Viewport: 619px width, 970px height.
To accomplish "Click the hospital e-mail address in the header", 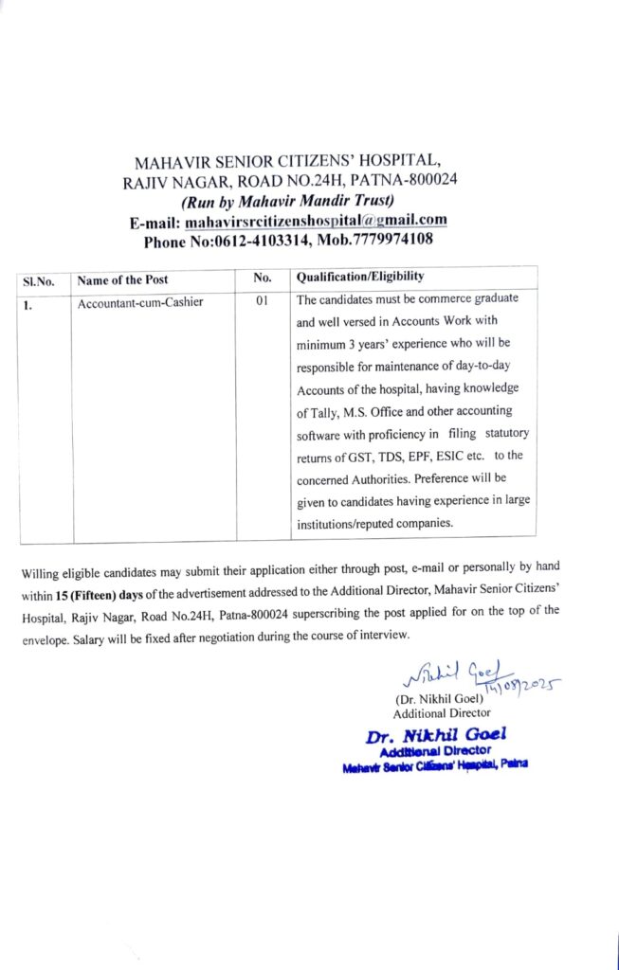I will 316,221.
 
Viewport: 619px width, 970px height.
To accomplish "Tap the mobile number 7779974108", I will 390,240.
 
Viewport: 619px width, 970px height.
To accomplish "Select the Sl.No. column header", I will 39,280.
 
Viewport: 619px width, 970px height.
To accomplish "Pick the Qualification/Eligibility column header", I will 360,277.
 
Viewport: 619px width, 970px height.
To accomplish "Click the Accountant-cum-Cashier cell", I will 140,303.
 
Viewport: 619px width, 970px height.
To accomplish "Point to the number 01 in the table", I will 263,301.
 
